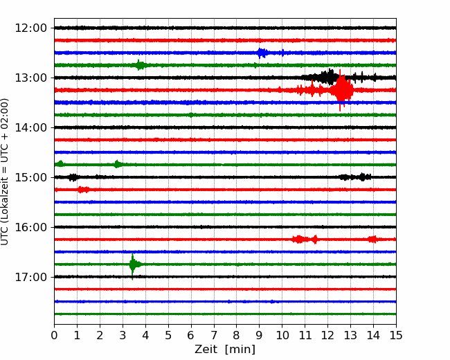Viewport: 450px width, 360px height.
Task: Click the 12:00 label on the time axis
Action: click(x=30, y=28)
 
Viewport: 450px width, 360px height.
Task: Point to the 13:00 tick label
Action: click(x=30, y=78)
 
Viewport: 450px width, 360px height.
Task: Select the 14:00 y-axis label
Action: click(x=30, y=127)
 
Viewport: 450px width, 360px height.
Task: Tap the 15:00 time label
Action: click(x=30, y=177)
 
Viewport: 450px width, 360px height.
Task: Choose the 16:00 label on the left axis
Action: click(x=30, y=227)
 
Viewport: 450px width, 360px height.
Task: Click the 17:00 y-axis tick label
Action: click(x=30, y=277)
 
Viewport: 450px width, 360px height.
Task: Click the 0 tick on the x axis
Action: click(x=54, y=335)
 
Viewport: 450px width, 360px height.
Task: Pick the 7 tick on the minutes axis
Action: click(x=214, y=335)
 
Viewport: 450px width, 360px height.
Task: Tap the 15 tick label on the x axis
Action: click(x=396, y=335)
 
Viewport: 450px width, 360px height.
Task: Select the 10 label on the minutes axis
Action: click(x=282, y=335)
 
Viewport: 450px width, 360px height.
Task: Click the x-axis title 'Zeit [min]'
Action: click(x=225, y=350)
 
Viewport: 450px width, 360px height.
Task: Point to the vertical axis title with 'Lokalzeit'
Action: click(x=5, y=172)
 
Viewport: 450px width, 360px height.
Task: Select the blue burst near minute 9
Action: click(x=262, y=53)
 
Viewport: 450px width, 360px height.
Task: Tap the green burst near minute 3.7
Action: click(x=140, y=65)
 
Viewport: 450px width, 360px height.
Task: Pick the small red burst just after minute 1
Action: click(x=83, y=190)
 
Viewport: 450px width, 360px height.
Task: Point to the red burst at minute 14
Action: click(x=372, y=239)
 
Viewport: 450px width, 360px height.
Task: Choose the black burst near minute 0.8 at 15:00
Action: click(x=73, y=177)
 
